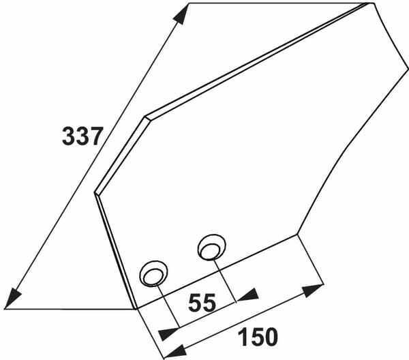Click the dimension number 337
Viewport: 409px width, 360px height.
click(81, 136)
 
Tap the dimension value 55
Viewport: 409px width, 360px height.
click(202, 303)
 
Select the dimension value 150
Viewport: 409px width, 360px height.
click(258, 337)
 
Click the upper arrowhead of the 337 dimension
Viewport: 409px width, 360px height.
click(181, 14)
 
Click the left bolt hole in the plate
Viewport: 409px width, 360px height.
click(153, 274)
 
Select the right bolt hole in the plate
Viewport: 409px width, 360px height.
click(211, 247)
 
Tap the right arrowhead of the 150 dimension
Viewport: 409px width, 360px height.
click(313, 290)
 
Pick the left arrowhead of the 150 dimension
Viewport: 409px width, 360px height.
click(175, 351)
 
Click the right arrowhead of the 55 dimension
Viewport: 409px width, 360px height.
click(247, 295)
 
